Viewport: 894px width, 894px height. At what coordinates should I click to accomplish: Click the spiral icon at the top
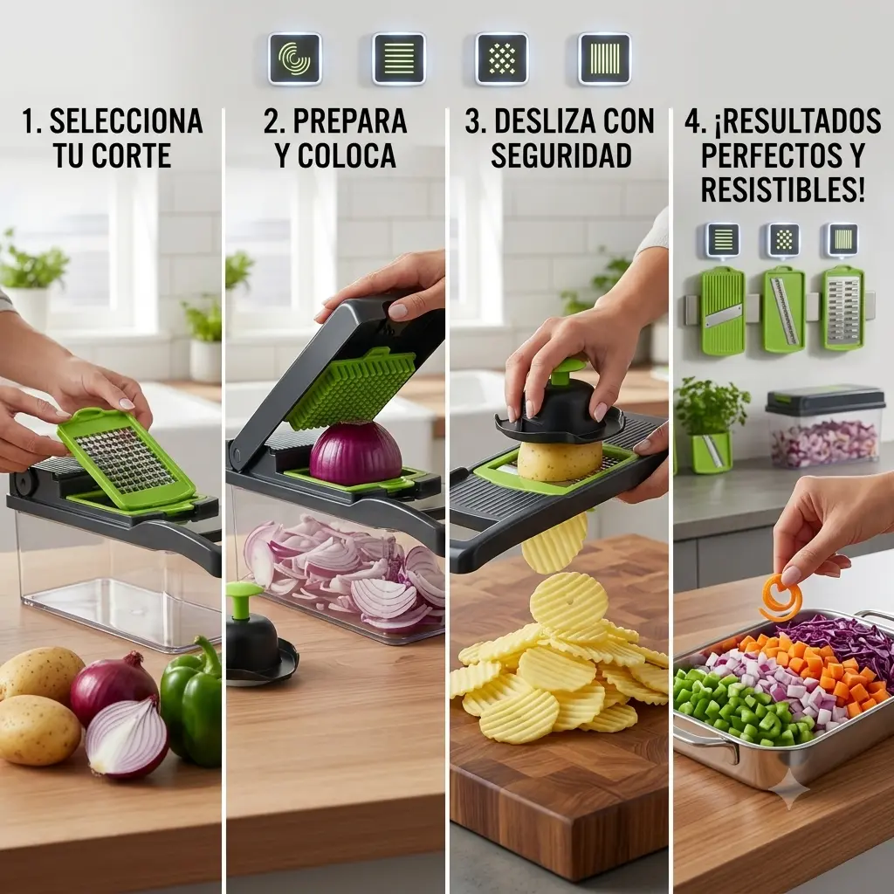295,58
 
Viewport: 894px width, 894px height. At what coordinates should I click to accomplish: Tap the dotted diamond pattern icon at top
502,58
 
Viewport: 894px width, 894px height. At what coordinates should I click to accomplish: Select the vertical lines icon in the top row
604,58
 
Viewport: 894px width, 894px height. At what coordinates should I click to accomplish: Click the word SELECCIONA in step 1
126,120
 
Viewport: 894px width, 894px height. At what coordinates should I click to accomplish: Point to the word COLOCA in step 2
347,155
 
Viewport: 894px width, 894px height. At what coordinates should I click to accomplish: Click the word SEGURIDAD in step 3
561,155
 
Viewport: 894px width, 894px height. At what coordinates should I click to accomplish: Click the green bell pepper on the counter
191,703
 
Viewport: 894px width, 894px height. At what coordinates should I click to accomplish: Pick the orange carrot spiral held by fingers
781,598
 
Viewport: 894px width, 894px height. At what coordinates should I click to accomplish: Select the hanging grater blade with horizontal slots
842,308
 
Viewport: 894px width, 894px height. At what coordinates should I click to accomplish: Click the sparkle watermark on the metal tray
789,789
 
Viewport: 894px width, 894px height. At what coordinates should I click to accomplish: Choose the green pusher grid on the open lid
350,389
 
